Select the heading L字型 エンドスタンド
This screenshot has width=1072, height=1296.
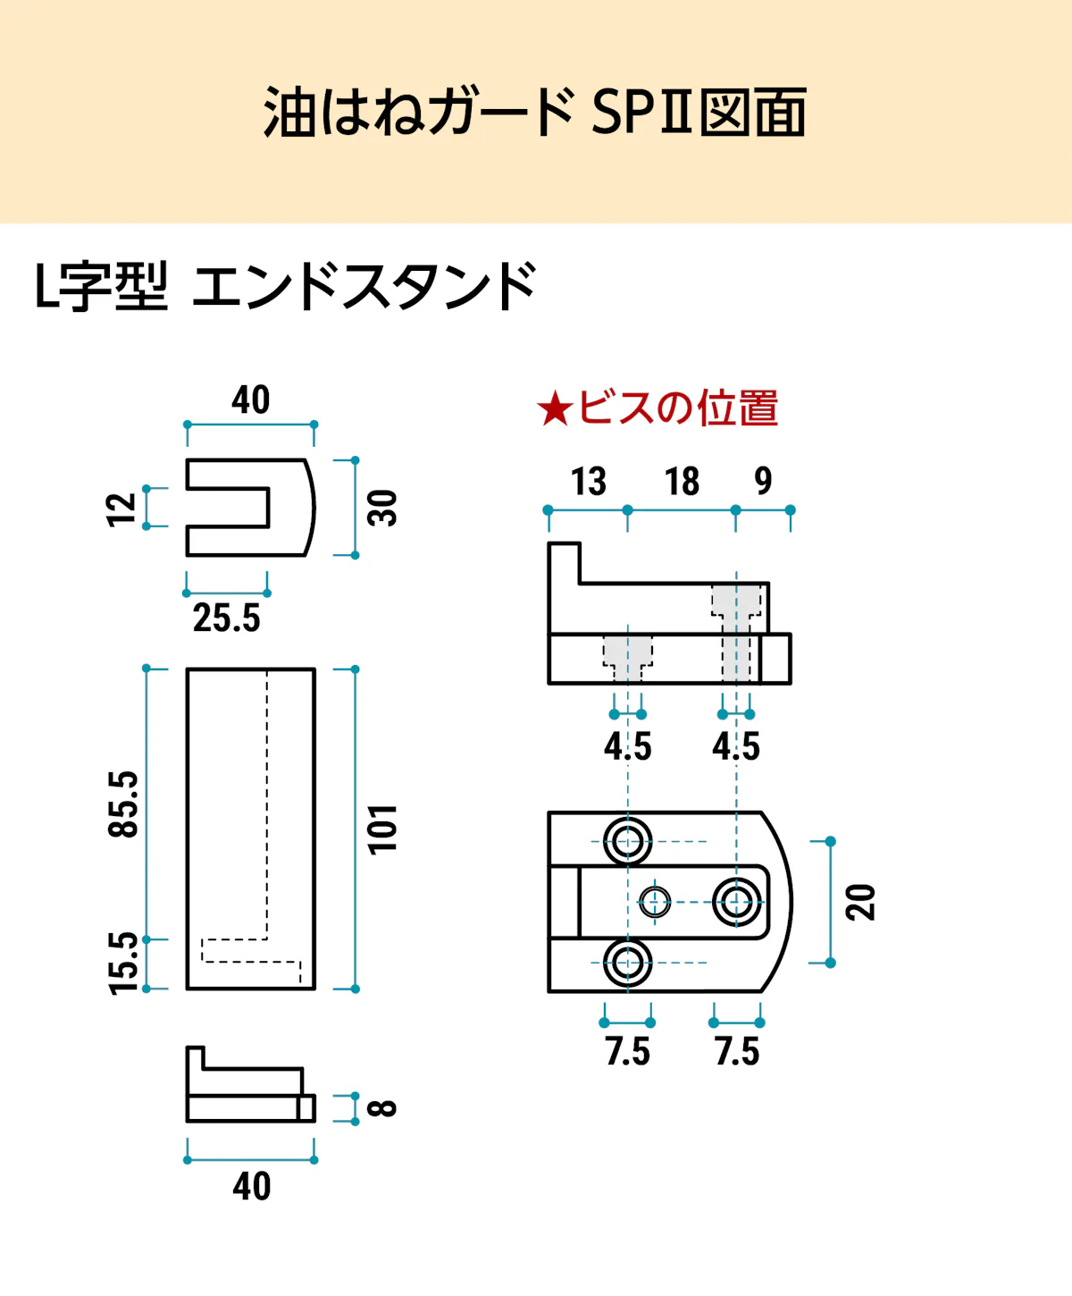click(285, 286)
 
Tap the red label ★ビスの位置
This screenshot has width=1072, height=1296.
click(657, 408)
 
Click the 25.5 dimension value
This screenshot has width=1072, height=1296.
click(226, 619)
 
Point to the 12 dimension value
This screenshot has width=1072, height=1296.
click(121, 509)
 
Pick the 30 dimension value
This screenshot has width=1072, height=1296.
click(382, 508)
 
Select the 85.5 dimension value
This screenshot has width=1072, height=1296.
click(123, 804)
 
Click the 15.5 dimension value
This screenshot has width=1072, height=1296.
click(123, 964)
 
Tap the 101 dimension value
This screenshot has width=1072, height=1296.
click(382, 829)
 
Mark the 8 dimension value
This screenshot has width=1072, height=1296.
click(382, 1108)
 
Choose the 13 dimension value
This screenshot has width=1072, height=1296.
click(588, 482)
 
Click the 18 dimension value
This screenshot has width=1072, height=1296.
click(682, 482)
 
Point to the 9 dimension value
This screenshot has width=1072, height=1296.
click(763, 481)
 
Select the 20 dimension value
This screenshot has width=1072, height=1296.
click(860, 902)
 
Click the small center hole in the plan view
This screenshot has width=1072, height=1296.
click(656, 902)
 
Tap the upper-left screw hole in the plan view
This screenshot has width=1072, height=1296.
click(627, 841)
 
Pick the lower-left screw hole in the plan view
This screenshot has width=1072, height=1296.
click(627, 963)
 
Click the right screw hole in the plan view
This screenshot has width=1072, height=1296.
click(737, 902)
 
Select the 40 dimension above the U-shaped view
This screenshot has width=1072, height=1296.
click(250, 400)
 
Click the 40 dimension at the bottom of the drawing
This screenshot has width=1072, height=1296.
click(251, 1187)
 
